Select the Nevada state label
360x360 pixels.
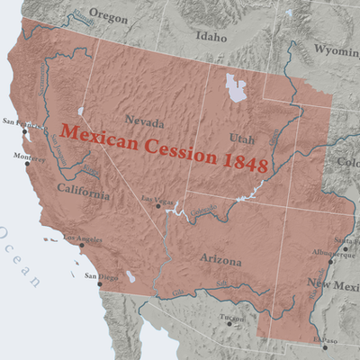tap(145, 121)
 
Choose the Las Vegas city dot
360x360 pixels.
tap(158, 205)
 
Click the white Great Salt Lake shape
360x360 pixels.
tap(237, 87)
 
